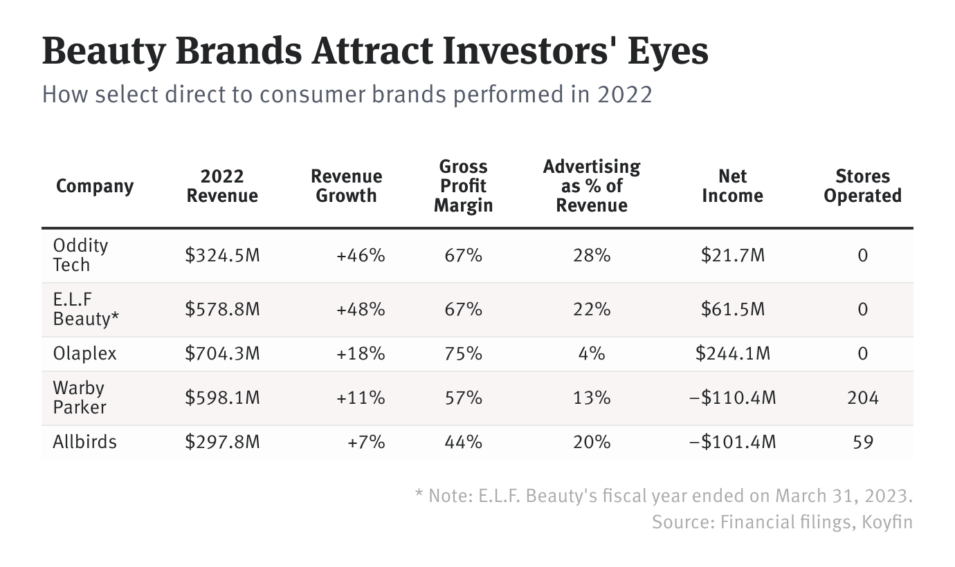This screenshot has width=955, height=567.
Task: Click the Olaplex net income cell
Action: pos(732,353)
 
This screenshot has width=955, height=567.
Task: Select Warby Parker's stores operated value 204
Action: pos(862,398)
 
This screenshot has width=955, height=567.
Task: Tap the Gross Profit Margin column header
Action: pos(463,186)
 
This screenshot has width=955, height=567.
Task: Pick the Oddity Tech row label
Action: pos(80,255)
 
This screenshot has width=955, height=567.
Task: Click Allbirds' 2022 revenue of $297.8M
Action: pos(222,442)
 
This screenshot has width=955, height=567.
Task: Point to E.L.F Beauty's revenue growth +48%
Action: pos(360,309)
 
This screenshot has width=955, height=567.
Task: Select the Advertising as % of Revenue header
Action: pos(592,186)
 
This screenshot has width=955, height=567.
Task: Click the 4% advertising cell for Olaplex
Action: pos(592,353)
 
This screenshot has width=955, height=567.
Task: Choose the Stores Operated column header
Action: pos(862,186)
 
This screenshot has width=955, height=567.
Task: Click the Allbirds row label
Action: pos(84,442)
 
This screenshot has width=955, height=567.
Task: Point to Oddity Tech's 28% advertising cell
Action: pos(592,255)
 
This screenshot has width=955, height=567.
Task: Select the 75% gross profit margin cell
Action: pos(463,353)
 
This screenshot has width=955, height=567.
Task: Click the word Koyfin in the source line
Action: pos(887,521)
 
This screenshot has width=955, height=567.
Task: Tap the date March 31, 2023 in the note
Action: pos(844,496)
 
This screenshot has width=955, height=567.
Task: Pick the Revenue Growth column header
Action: pos(346,186)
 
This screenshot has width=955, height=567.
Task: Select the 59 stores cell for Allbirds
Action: pos(862,442)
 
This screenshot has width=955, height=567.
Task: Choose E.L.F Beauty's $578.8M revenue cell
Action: pos(222,309)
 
